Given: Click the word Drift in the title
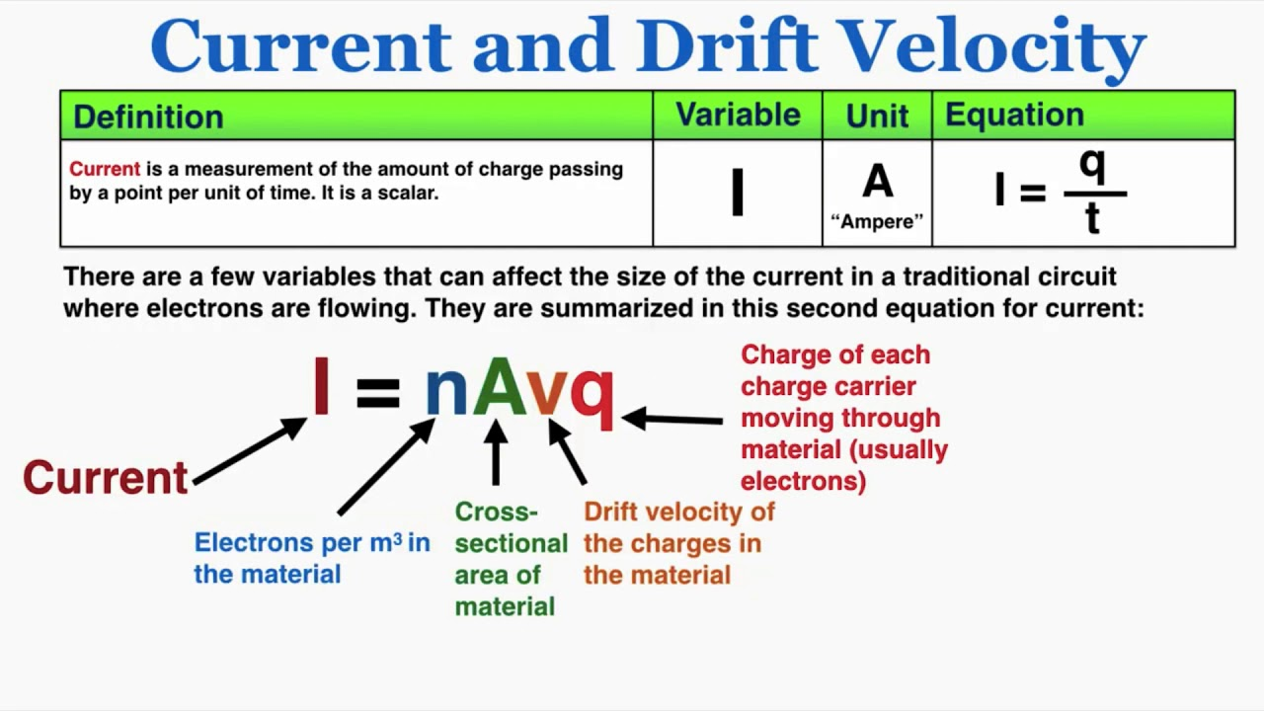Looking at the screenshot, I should point(726,46).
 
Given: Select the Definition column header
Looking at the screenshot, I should point(148,117).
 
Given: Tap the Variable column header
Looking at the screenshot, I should point(738,116).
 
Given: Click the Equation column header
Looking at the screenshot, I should point(1014,116).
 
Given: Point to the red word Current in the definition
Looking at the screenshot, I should point(105,169).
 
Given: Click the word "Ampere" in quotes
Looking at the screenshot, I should point(877,222).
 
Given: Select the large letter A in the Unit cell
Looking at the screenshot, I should point(877,183).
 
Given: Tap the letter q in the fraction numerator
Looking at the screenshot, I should point(1092,166).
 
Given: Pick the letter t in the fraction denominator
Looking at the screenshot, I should point(1092,219).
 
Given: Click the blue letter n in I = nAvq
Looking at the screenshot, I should point(445,391).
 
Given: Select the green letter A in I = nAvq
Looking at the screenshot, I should point(500,386).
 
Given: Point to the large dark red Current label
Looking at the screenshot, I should point(106,478).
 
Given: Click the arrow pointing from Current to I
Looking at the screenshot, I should point(250,451).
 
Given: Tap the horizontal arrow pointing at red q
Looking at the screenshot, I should point(672,420).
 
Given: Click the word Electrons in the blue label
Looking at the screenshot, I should point(253,543).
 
